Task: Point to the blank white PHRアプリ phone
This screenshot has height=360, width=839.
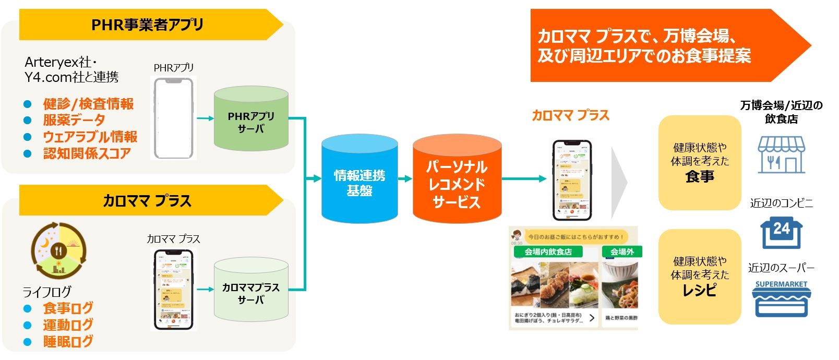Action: pos(174,118)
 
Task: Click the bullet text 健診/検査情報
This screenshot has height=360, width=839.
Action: pos(88,104)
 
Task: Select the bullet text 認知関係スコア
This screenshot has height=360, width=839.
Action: pos(87,153)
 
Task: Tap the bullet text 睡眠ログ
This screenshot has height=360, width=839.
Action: pos(68,342)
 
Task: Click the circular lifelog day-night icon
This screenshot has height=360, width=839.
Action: pos(58,249)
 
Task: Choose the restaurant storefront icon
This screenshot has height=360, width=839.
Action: pos(781,154)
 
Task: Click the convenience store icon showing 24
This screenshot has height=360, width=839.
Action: pos(781,233)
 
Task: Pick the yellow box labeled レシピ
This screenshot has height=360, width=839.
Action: pos(700,277)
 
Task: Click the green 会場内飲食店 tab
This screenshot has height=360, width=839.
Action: pos(548,251)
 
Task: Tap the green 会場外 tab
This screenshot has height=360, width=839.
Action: pos(622,251)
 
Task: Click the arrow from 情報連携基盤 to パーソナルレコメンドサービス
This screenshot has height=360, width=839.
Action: pos(405,178)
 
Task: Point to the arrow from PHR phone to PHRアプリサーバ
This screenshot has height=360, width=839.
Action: pos(205,118)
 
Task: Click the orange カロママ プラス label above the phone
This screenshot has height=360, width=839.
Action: pos(570,115)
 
